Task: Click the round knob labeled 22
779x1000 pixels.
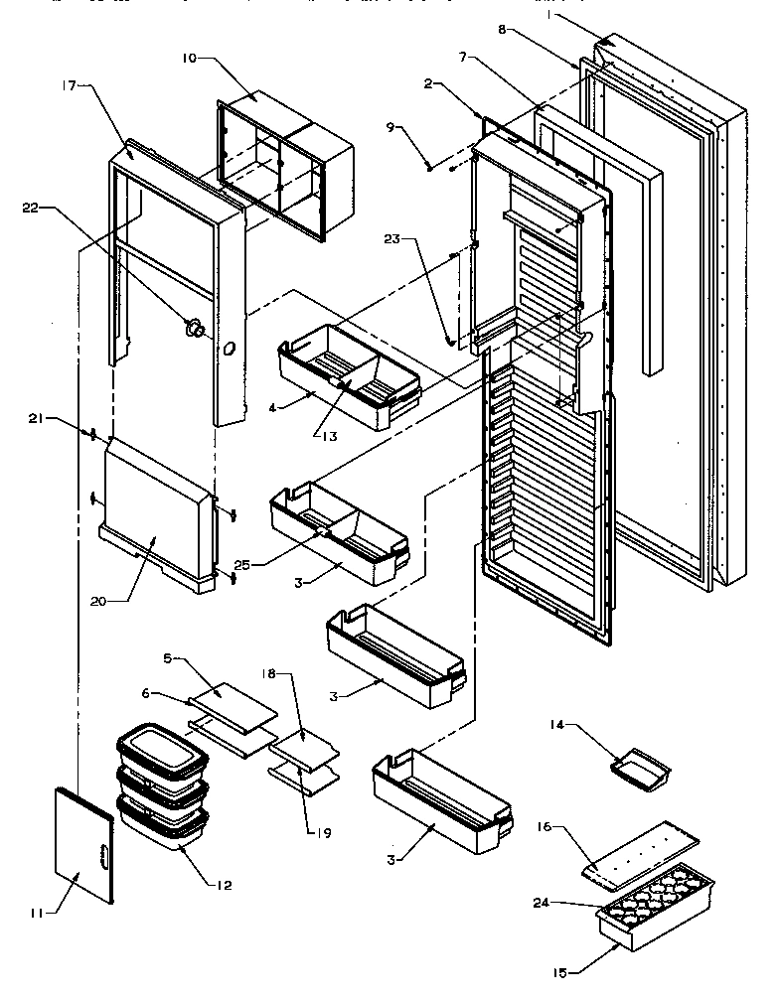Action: pyautogui.click(x=195, y=328)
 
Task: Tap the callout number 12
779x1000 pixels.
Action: pyautogui.click(x=225, y=885)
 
